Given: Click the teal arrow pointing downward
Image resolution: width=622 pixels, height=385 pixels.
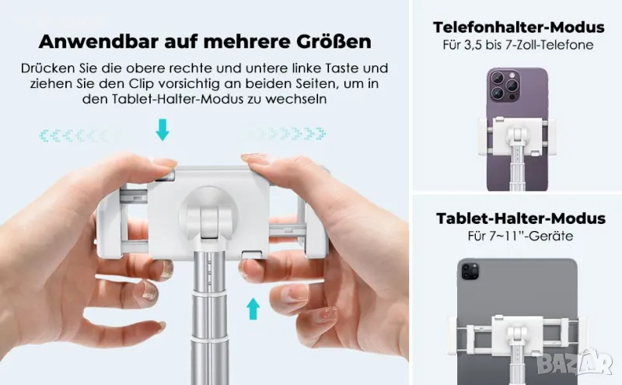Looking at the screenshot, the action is pos(162,129).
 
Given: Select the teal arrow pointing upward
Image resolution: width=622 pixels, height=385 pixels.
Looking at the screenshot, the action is pos(253,309).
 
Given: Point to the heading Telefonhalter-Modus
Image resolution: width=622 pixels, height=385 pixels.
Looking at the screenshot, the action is pos(519,27).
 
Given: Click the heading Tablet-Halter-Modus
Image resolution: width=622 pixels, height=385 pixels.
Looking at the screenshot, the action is pos(520,219).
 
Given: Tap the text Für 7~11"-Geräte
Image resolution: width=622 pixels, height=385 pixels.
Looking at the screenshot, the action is pos(520,236).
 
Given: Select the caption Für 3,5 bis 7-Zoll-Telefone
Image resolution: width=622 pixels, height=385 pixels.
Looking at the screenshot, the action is pos(518,45).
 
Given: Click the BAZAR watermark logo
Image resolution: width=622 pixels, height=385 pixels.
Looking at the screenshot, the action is pos(575,362).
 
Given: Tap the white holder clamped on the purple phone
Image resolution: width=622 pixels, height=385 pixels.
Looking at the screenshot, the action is pos(517,138).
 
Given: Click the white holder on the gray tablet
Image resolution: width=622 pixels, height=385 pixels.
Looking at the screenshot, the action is pos(517,334).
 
